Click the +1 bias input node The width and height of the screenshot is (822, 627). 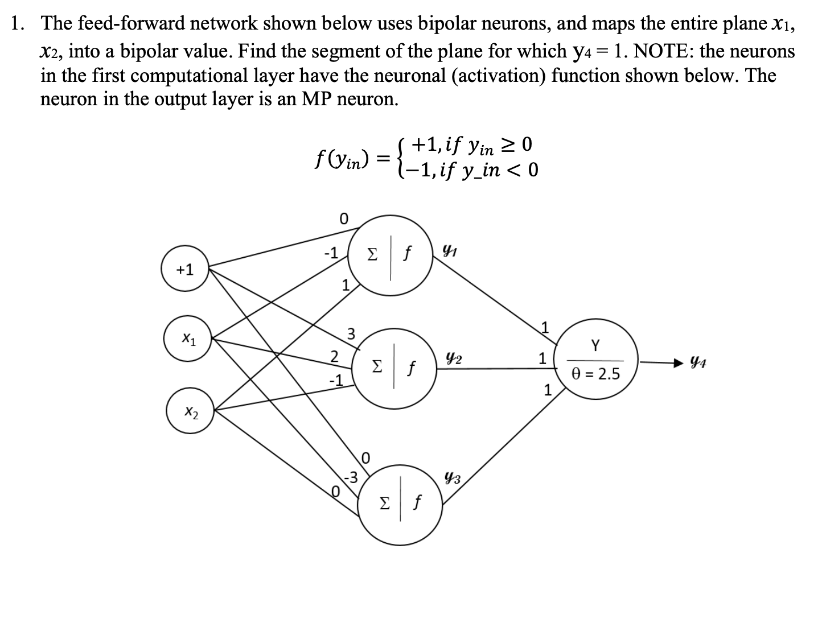point(185,270)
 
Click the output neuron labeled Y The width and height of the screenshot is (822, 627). point(595,360)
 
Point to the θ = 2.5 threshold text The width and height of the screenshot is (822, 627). point(595,374)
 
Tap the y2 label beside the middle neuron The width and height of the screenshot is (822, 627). point(454,359)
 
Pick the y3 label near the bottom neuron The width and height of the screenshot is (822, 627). point(453,478)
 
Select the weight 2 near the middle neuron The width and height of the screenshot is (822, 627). point(335,357)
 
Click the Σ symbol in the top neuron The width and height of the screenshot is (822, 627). point(372,254)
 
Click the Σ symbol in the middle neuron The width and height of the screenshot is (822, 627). point(376,366)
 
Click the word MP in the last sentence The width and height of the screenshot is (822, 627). point(320,98)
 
